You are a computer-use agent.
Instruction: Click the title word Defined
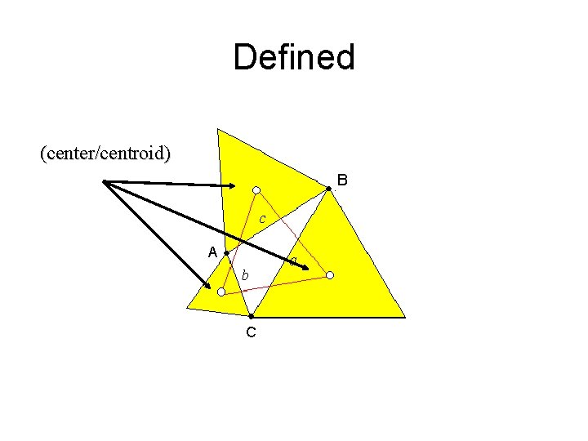pyautogui.click(x=294, y=58)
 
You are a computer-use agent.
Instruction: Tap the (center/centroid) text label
pyautogui.click(x=105, y=154)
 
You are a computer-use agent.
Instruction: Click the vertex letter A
pyautogui.click(x=212, y=252)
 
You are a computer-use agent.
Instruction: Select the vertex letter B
pyautogui.click(x=342, y=179)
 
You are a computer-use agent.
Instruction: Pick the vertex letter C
pyautogui.click(x=251, y=332)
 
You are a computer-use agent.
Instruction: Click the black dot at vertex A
pyautogui.click(x=226, y=254)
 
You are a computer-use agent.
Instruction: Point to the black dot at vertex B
pyautogui.click(x=329, y=189)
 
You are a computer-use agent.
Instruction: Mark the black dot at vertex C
pyautogui.click(x=252, y=315)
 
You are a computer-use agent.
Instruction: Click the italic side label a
pyautogui.click(x=292, y=261)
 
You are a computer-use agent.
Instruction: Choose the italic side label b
pyautogui.click(x=245, y=276)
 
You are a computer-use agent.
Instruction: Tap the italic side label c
pyautogui.click(x=261, y=219)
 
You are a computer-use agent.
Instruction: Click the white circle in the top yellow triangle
pyautogui.click(x=256, y=190)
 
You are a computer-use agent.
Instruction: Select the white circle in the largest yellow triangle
pyautogui.click(x=330, y=275)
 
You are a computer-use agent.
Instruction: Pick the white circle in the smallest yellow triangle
pyautogui.click(x=220, y=291)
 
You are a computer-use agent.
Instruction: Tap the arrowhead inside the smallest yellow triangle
pyautogui.click(x=207, y=284)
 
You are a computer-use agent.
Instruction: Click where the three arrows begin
pyautogui.click(x=105, y=181)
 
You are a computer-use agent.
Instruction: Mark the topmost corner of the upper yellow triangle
pyautogui.click(x=218, y=129)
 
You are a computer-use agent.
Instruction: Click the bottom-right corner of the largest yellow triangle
pyautogui.click(x=404, y=317)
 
